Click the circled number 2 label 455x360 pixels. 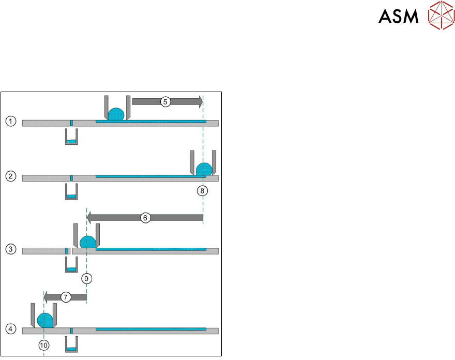pyautogui.click(x=10, y=176)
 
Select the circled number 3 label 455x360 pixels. pyautogui.click(x=10, y=250)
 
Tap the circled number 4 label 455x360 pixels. pyautogui.click(x=10, y=328)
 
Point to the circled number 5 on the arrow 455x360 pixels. pyautogui.click(x=165, y=102)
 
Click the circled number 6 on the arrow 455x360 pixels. pyautogui.click(x=145, y=218)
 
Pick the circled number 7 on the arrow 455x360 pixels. pyautogui.click(x=65, y=297)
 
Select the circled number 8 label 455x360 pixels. pyautogui.click(x=203, y=190)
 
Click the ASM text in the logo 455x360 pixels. pyautogui.click(x=398, y=17)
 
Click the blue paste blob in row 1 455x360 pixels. pyautogui.click(x=116, y=114)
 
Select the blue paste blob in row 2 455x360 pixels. pyautogui.click(x=204, y=169)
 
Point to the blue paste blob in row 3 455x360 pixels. pyautogui.click(x=87, y=242)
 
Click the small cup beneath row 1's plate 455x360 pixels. pyautogui.click(x=71, y=138)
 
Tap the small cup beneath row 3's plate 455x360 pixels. pyautogui.click(x=71, y=265)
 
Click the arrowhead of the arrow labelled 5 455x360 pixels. pyautogui.click(x=199, y=102)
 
